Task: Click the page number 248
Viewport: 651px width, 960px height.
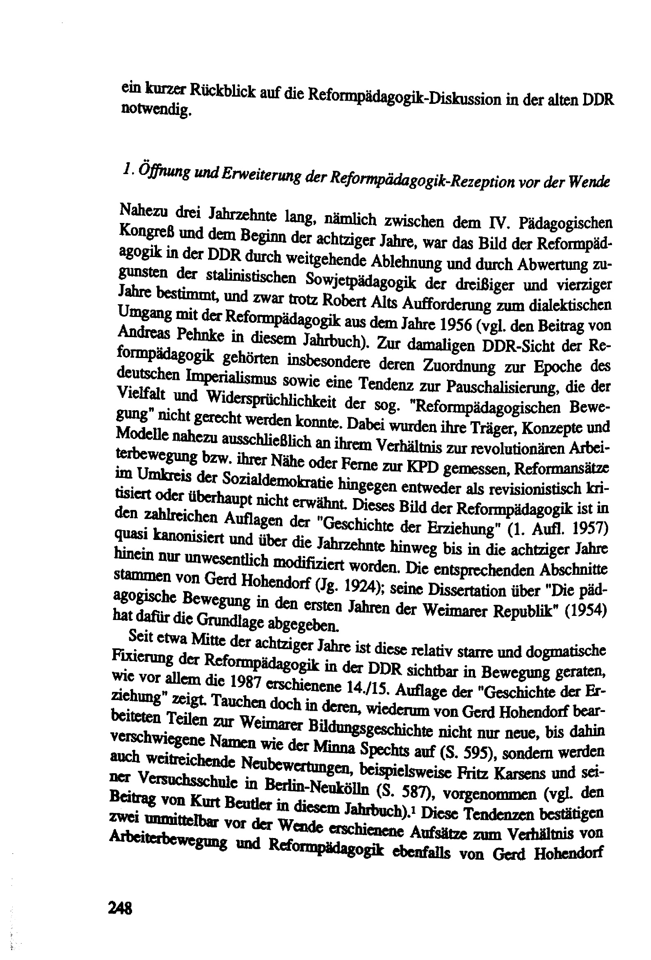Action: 120,907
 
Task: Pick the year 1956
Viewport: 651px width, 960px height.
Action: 450,325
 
